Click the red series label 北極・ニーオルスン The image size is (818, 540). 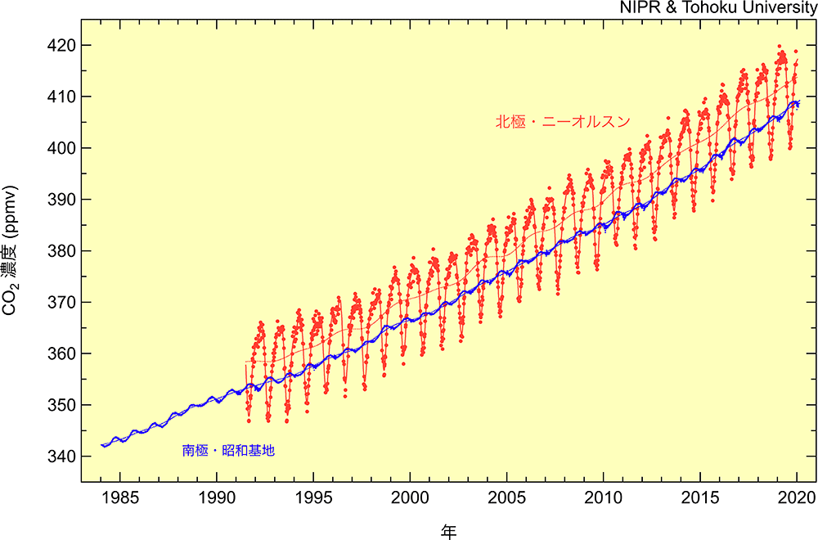click(562, 122)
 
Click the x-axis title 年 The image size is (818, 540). click(448, 531)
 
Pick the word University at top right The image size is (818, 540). click(780, 8)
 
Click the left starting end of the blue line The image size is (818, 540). click(101, 445)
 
